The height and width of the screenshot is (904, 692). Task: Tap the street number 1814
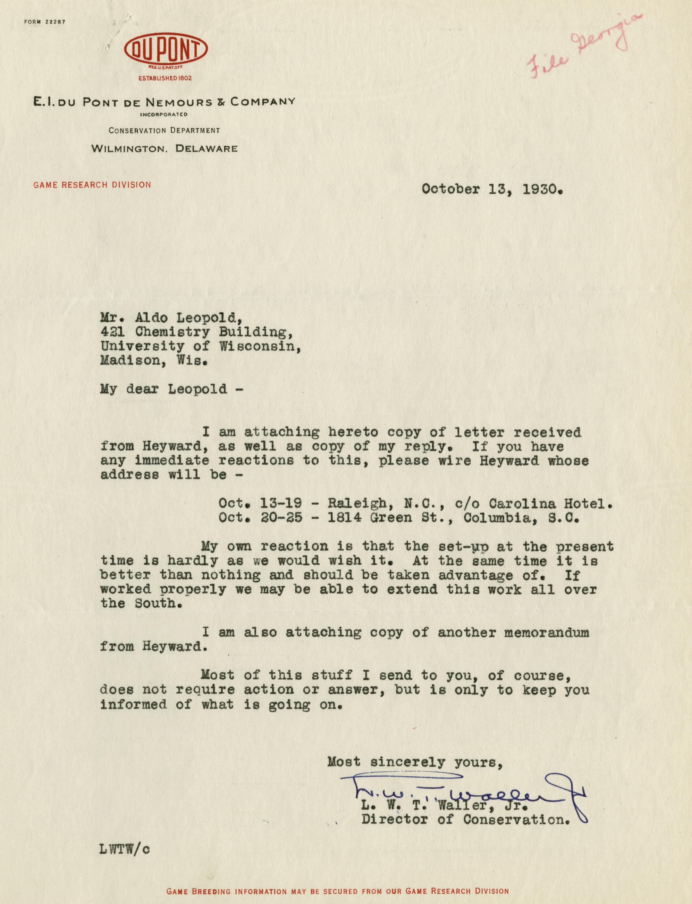coord(344,518)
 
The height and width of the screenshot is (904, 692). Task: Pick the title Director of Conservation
coord(466,820)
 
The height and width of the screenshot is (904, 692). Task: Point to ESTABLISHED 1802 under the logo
coord(165,78)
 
